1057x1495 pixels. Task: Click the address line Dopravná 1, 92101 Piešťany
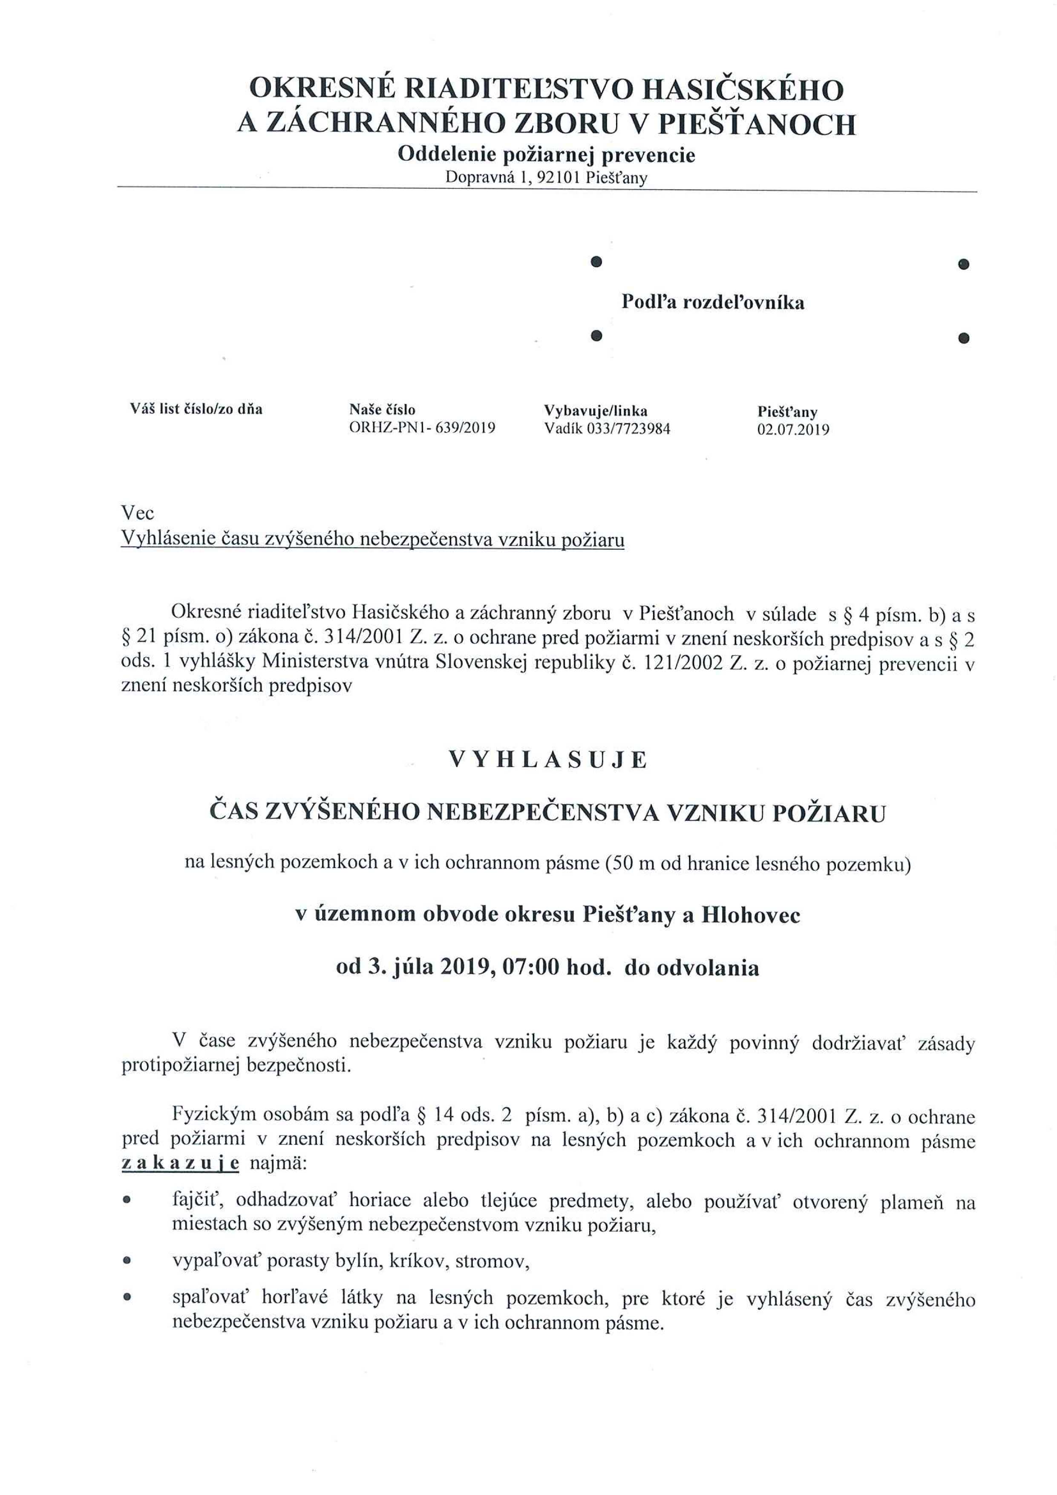pyautogui.click(x=546, y=177)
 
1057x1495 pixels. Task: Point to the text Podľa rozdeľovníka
pyautogui.click(x=713, y=302)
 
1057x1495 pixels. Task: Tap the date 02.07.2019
pyautogui.click(x=793, y=430)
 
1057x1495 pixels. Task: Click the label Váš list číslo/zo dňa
pyautogui.click(x=196, y=410)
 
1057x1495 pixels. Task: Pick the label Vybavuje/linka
pyautogui.click(x=596, y=411)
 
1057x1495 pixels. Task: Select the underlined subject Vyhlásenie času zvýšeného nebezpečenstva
pyautogui.click(x=372, y=540)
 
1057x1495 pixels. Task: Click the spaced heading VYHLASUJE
pyautogui.click(x=547, y=761)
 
